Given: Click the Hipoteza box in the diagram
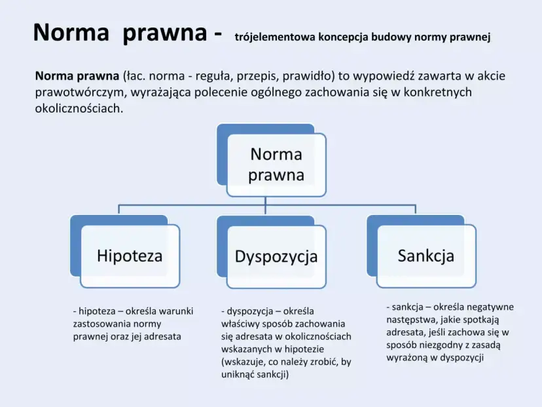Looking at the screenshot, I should pyautogui.click(x=130, y=256).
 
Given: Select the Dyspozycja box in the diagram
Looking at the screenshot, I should pyautogui.click(x=276, y=256).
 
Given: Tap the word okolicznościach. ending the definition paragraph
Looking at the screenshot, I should pyautogui.click(x=79, y=107).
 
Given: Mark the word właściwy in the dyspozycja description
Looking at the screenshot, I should pyautogui.click(x=241, y=324).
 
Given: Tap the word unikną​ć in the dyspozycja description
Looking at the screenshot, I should pyautogui.click(x=241, y=374).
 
